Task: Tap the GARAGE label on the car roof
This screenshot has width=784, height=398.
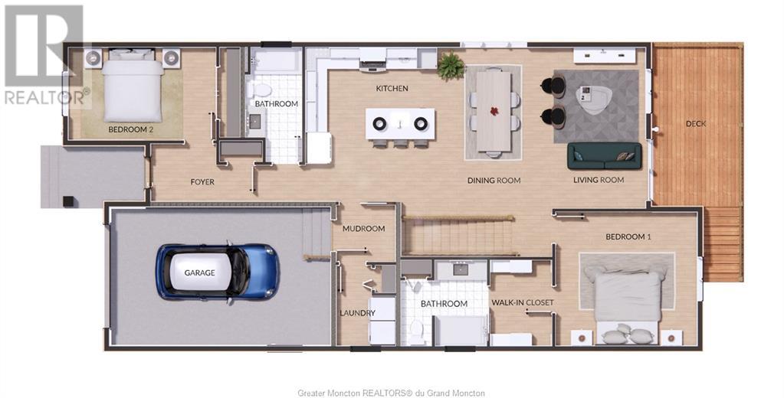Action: click(199, 272)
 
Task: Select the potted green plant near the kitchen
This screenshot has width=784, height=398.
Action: click(450, 66)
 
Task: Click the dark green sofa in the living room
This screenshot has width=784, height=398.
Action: click(604, 156)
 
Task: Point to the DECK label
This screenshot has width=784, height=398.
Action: click(696, 123)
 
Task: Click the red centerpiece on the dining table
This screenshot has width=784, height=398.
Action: click(494, 110)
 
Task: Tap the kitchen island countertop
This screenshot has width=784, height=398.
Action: click(400, 124)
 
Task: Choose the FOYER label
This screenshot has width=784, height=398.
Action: click(202, 182)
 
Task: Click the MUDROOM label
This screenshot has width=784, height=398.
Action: click(363, 229)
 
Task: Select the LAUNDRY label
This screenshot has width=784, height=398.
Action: click(357, 313)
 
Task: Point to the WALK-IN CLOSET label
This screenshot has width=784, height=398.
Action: click(523, 302)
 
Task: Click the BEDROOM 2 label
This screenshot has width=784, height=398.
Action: click(130, 129)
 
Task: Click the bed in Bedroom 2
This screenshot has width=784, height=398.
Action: click(133, 85)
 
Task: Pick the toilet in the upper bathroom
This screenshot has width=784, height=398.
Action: click(261, 90)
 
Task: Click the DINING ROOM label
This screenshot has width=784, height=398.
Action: click(494, 181)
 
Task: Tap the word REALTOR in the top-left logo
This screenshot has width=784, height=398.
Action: click(42, 97)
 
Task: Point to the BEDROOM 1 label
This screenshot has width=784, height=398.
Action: click(628, 237)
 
